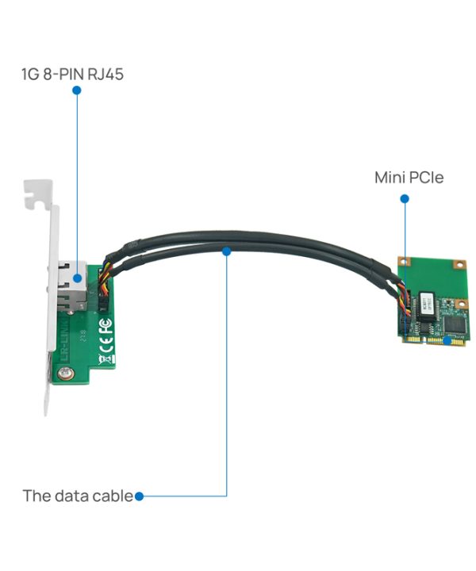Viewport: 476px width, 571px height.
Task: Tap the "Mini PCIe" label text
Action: (409, 178)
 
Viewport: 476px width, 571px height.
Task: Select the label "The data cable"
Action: (78, 496)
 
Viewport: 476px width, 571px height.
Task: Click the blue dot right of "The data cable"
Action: (139, 496)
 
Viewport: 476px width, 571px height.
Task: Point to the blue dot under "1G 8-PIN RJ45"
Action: (77, 91)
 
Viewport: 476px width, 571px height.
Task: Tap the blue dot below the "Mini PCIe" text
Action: (404, 199)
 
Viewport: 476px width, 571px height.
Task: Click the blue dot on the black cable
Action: (227, 251)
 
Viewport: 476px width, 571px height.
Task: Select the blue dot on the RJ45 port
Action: (77, 278)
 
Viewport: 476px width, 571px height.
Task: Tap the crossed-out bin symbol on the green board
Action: (105, 361)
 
